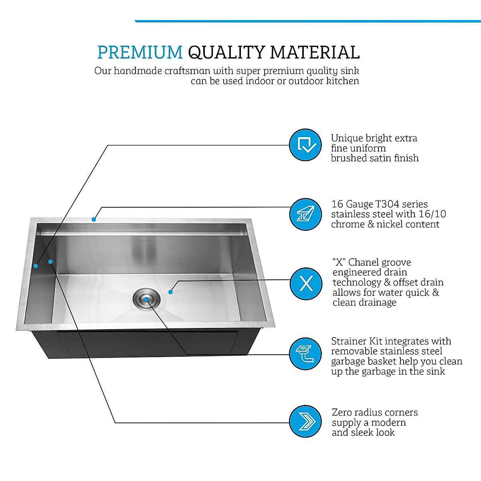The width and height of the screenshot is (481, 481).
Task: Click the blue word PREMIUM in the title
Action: [139, 53]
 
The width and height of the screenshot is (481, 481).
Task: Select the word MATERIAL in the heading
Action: [315, 53]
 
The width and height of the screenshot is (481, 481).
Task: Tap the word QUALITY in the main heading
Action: [226, 53]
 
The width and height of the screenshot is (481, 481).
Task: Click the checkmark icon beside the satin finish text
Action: [305, 145]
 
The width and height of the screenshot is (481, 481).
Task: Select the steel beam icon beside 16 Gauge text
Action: [305, 214]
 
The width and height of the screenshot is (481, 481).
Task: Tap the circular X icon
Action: [305, 284]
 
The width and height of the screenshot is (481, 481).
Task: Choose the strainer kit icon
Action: [305, 354]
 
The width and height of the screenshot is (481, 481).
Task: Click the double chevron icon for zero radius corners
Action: [305, 422]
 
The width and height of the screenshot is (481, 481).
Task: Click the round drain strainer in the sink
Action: [147, 299]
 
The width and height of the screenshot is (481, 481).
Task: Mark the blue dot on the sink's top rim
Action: [94, 219]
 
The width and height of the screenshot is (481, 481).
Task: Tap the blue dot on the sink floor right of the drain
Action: [170, 292]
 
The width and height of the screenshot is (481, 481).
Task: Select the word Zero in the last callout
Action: [343, 412]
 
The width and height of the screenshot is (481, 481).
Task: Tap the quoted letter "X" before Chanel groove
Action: [339, 263]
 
